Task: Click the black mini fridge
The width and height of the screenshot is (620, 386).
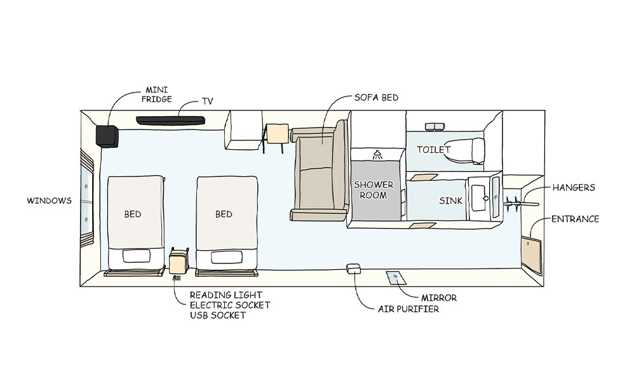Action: click(107, 136)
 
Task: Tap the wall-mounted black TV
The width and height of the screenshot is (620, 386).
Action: click(170, 119)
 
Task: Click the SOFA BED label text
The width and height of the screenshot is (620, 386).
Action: click(376, 97)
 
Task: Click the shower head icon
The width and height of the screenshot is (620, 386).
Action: click(377, 153)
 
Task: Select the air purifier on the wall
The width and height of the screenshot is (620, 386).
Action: click(354, 269)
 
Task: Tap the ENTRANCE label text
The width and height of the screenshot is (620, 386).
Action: click(575, 219)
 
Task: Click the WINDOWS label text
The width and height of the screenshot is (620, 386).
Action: click(49, 201)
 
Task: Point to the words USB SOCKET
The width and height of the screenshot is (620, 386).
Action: click(218, 315)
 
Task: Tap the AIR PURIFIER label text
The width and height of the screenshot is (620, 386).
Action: click(408, 309)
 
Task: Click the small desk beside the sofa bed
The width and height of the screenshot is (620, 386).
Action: click(277, 134)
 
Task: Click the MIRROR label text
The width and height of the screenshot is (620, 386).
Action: click(439, 297)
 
